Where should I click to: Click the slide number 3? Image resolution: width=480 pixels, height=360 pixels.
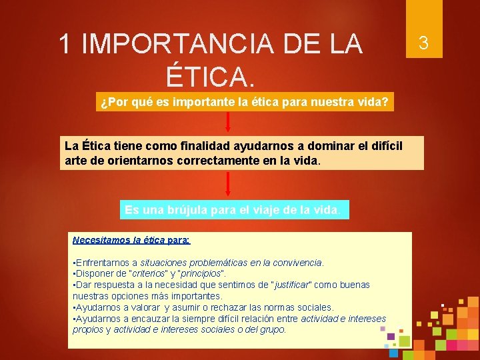click(x=421, y=44)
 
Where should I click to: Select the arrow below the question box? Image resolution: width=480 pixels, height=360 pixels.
click(x=228, y=123)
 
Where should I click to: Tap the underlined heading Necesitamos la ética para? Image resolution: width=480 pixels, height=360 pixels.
click(x=131, y=240)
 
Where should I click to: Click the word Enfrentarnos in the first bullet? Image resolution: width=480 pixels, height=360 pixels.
click(x=103, y=263)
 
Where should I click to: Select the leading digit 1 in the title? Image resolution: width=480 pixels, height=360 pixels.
click(x=65, y=44)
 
